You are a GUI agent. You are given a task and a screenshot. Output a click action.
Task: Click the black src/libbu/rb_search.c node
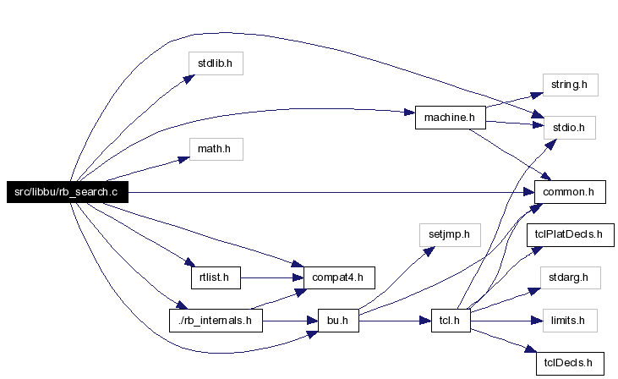(68, 192)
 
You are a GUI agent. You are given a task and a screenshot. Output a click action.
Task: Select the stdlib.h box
(216, 63)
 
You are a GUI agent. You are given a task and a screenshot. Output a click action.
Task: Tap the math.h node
(216, 149)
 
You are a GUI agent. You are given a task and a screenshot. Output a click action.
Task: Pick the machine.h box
(450, 118)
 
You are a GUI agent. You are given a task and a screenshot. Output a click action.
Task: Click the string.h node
(571, 85)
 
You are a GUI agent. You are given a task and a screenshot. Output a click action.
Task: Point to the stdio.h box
(570, 128)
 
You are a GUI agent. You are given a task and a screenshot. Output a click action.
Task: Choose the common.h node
(570, 192)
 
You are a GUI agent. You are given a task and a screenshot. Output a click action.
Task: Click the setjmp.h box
(450, 235)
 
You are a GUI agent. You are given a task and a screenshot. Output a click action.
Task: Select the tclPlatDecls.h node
(571, 235)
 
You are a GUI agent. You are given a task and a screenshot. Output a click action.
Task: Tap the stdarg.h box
(571, 277)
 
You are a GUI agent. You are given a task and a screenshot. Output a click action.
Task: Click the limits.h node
(570, 321)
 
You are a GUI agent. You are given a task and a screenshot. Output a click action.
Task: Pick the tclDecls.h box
(570, 363)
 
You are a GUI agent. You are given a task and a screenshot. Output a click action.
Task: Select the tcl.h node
(451, 321)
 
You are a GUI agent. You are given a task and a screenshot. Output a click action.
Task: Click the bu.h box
(338, 321)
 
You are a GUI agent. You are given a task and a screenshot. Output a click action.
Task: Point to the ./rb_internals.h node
(216, 321)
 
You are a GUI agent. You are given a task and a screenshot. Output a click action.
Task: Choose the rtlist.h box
(216, 277)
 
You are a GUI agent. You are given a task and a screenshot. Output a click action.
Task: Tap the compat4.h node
(339, 277)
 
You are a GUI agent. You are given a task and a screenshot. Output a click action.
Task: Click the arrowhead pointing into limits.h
(537, 321)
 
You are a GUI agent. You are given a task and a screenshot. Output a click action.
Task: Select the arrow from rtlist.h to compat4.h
(272, 278)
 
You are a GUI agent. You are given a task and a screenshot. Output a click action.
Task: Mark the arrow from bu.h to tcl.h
(395, 321)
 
